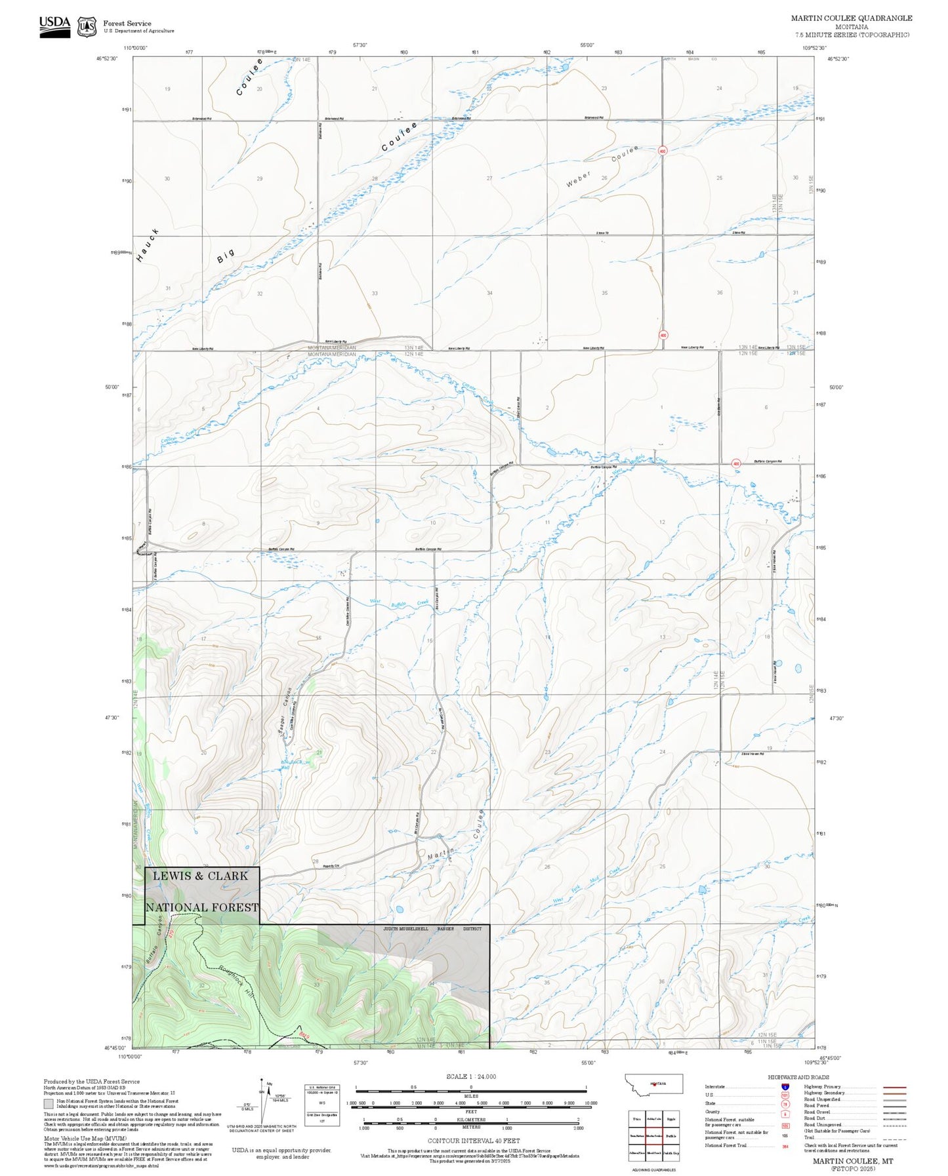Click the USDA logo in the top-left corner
point(54,26)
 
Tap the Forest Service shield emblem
point(87,27)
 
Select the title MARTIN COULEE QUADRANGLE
point(851,18)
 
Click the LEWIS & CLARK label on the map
point(200,876)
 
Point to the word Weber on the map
point(579,180)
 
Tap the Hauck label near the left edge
point(148,246)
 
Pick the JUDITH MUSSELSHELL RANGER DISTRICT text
point(432,929)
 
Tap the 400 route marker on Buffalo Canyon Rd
point(736,463)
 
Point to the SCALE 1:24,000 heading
point(470,1076)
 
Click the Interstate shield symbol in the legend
point(785,1086)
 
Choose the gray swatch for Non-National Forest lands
point(49,1103)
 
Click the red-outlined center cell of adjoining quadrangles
point(653,1136)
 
